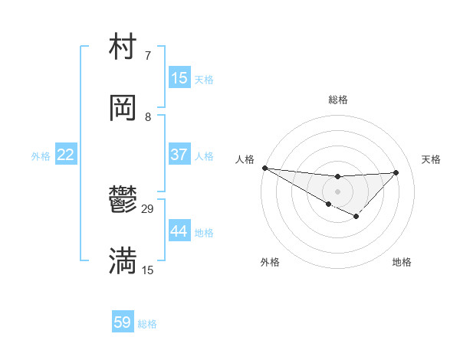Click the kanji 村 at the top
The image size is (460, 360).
[x=123, y=47]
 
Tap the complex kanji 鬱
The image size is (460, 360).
[x=123, y=201]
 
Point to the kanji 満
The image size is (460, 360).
[x=123, y=261]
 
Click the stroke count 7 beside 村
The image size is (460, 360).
[x=147, y=56]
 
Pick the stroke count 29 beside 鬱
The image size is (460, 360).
[x=148, y=208]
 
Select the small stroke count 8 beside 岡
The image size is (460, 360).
[x=148, y=116]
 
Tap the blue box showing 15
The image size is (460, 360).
[x=179, y=78]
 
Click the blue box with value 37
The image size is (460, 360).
[x=179, y=155]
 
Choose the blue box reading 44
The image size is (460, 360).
[x=179, y=231]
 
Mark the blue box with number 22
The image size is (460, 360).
[x=65, y=155]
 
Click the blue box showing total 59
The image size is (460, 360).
[x=122, y=322]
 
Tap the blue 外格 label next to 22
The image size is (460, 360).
[x=41, y=156]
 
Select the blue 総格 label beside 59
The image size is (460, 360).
[x=147, y=324]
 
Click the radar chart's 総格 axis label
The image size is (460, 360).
[x=337, y=100]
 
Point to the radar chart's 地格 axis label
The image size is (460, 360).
[x=402, y=262]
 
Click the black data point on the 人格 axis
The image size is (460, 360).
[x=264, y=168]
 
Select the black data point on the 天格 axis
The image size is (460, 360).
[x=396, y=172]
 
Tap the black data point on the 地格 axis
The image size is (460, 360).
[x=356, y=217]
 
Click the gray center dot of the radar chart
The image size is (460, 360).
[x=337, y=191]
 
